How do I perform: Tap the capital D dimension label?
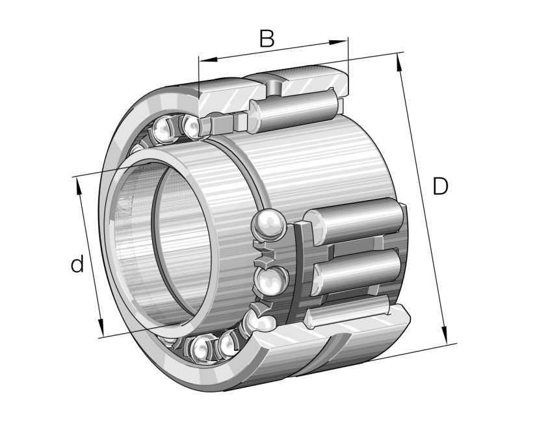(440, 187)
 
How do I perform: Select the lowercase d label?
(77, 264)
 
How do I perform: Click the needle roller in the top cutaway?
(296, 108)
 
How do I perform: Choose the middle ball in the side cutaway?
(268, 280)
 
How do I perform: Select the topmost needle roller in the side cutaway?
(358, 221)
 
